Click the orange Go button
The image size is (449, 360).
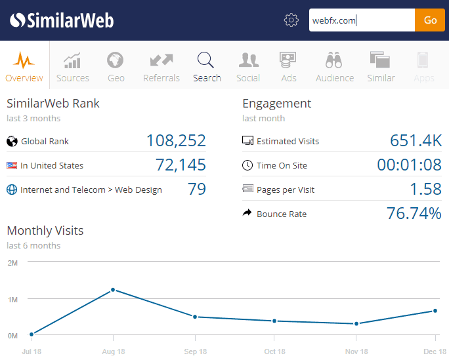tap(430, 20)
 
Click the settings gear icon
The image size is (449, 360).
tap(291, 20)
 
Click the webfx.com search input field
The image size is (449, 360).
tap(362, 20)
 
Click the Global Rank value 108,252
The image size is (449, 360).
tap(175, 141)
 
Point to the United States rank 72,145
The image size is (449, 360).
tap(181, 165)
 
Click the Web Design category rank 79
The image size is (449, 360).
tap(197, 190)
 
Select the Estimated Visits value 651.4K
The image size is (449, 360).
tap(416, 141)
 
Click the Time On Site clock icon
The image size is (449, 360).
tap(247, 165)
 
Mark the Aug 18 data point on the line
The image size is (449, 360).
tap(113, 290)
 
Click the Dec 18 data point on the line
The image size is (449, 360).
tap(435, 311)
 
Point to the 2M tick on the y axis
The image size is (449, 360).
tap(12, 263)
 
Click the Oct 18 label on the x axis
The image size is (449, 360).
tap(274, 352)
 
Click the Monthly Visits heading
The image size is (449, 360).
tap(45, 231)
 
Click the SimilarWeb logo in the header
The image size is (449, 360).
tap(62, 20)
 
